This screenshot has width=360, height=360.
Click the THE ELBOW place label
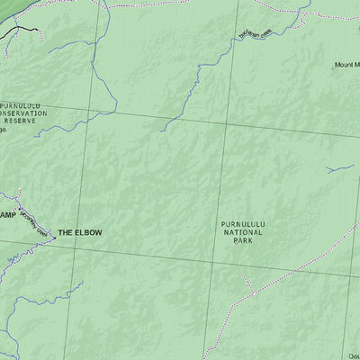80,233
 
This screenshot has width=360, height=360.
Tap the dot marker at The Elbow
51,233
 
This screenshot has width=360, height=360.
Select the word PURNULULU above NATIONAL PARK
241,224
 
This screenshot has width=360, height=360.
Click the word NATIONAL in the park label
241,232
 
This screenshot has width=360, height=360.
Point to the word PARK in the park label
241,241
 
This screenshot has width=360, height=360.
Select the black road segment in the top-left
20,31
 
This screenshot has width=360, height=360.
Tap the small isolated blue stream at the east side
339,168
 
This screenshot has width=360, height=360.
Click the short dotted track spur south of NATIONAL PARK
245,281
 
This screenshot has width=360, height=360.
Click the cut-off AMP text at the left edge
7,215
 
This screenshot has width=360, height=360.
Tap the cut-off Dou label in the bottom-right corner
353,354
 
